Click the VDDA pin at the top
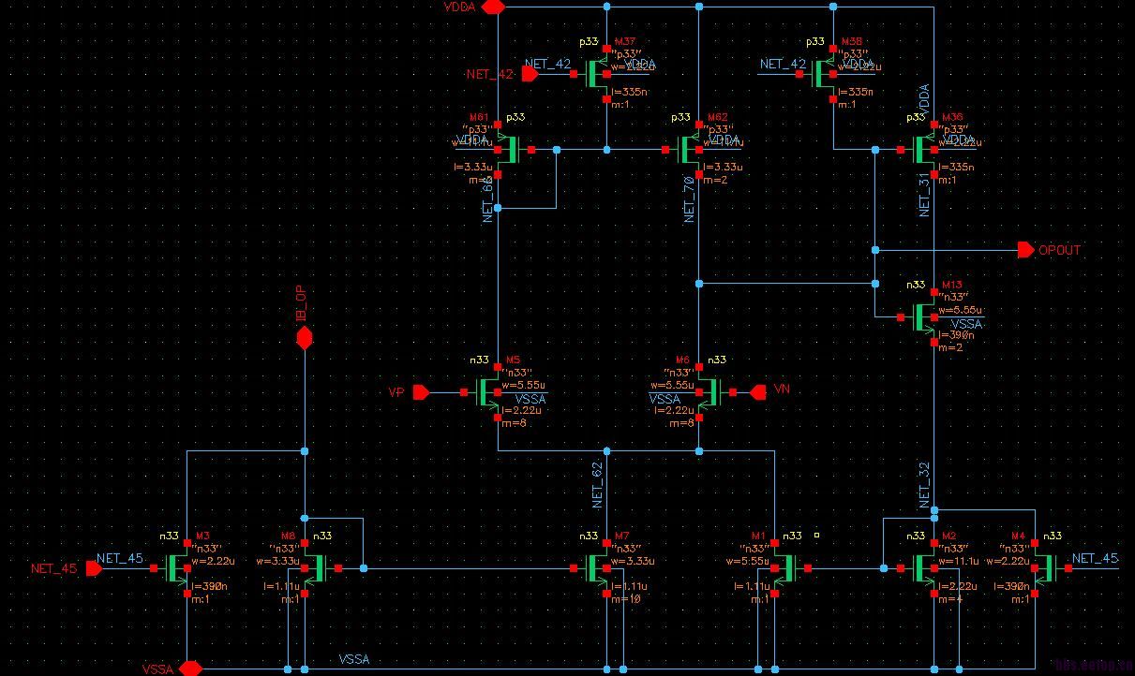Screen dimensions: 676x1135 coord(493,7)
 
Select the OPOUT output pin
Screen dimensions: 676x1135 coord(1026,250)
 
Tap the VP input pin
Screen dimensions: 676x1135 coord(421,392)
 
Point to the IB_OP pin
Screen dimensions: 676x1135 coord(304,338)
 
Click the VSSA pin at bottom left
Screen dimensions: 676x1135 coord(190,669)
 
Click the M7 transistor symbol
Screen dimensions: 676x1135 coord(596,568)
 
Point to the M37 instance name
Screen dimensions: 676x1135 coord(625,42)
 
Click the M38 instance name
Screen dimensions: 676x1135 coord(851,42)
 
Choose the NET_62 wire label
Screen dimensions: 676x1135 coord(597,486)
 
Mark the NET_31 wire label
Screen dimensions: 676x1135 coord(924,196)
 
